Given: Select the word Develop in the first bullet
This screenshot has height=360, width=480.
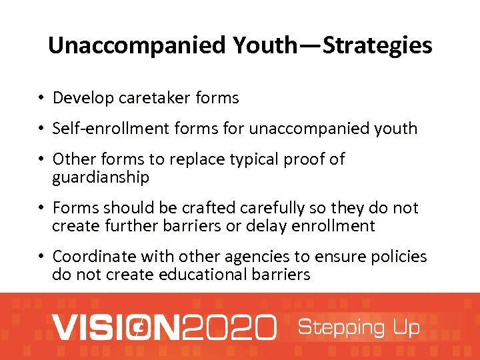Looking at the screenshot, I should click(83, 98).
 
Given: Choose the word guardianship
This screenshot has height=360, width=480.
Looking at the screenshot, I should click(101, 177).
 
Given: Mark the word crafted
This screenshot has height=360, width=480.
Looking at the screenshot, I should click(195, 208).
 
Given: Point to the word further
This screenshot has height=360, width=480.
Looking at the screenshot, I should click(133, 225).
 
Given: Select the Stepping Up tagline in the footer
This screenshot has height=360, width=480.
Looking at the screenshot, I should click(359, 327).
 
